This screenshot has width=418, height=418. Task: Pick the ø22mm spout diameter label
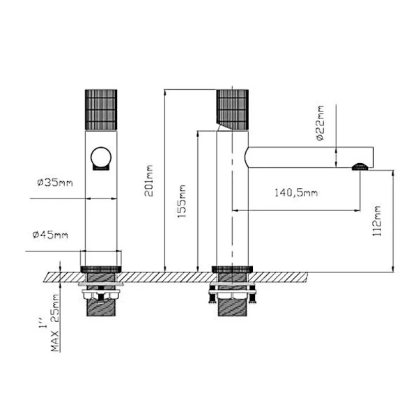click(x=320, y=125)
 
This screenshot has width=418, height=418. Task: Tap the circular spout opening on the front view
click(x=102, y=158)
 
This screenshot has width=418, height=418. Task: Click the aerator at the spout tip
click(x=359, y=166)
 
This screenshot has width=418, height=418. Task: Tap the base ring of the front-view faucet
click(x=102, y=268)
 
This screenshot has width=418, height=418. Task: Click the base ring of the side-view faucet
click(x=231, y=268)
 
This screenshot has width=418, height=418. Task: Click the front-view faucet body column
click(x=102, y=209)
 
